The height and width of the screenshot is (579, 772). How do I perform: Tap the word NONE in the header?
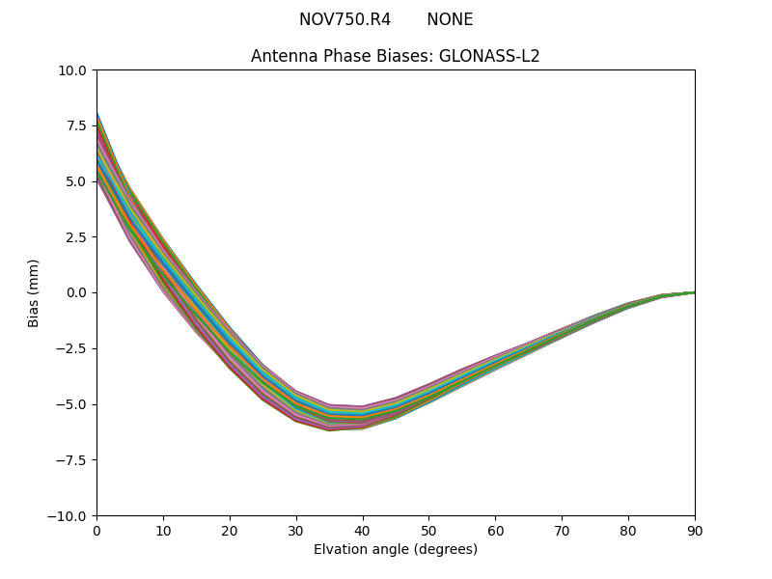450,20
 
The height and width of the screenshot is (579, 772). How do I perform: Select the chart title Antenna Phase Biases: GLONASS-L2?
395,56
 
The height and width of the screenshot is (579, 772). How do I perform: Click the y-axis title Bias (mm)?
34,292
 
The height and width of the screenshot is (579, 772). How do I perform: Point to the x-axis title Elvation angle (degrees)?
395,549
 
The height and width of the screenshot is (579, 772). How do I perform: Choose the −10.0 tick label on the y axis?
69,516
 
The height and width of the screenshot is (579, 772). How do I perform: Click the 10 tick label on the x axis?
163,530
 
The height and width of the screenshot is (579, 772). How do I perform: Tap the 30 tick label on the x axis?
296,530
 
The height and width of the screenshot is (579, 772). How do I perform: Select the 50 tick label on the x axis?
428,530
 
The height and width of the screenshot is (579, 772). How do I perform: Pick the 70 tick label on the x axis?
562,530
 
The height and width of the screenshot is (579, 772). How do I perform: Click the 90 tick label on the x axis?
695,530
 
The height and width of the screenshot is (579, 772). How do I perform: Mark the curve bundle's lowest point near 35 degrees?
329,429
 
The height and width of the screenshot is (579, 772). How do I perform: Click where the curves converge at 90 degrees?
694,292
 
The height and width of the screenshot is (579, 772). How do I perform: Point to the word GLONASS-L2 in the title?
489,56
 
